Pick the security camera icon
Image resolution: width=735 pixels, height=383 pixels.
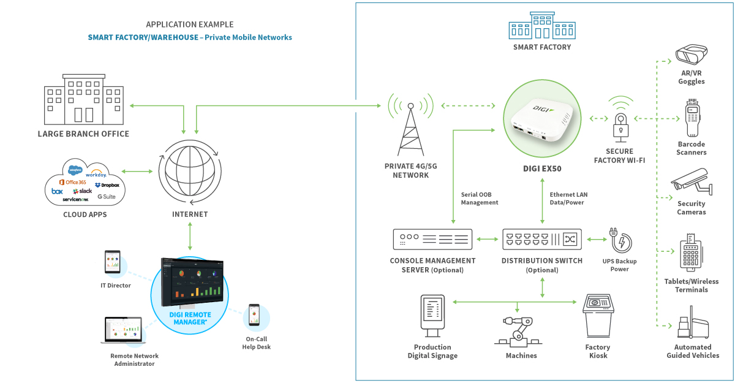691,181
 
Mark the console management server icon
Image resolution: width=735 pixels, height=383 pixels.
432,239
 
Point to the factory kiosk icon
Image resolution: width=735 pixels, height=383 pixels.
598,316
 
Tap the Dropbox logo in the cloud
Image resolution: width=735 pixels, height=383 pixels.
107,185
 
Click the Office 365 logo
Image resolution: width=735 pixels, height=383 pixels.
72,183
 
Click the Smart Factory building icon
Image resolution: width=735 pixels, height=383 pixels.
541,27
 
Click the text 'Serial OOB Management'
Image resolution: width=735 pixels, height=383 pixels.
480,199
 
